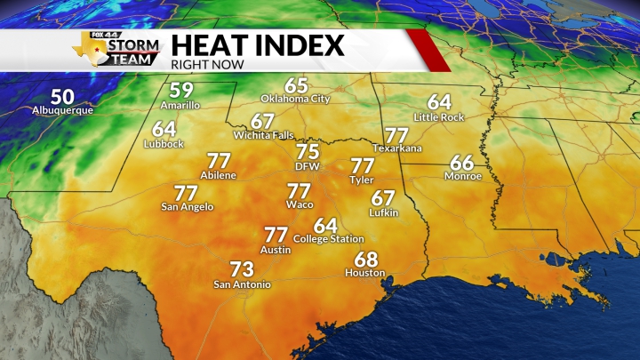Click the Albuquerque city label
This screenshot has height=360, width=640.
click(x=62, y=111)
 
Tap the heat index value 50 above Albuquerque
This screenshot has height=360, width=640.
click(x=62, y=96)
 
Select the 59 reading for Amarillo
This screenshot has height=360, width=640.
click(x=181, y=90)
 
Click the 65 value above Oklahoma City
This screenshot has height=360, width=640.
click(x=296, y=85)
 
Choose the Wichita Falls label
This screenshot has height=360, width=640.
click(x=261, y=135)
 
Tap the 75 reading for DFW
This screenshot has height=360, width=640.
click(x=308, y=151)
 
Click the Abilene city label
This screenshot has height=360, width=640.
click(x=219, y=176)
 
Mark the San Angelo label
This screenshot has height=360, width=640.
click(x=187, y=207)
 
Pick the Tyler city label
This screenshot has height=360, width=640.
click(x=362, y=180)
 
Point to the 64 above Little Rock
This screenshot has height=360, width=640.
click(x=439, y=102)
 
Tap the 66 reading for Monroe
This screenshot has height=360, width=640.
click(x=462, y=163)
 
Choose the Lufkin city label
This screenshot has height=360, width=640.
click(x=383, y=212)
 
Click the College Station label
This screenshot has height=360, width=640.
click(x=328, y=239)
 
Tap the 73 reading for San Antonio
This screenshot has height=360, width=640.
click(x=242, y=268)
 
